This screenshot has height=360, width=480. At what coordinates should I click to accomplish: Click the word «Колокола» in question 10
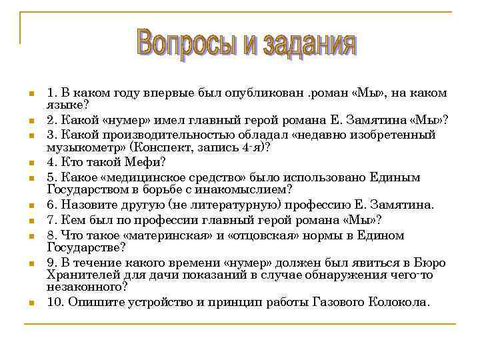[x=399, y=302]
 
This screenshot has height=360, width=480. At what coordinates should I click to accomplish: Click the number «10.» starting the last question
[x=55, y=302]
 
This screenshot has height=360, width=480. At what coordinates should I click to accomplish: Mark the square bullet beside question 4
[x=31, y=162]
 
